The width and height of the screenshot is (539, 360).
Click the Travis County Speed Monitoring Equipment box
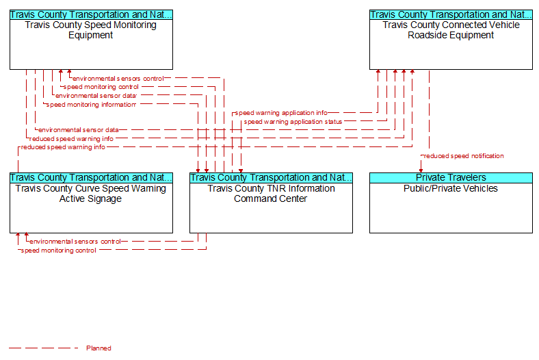(91, 40)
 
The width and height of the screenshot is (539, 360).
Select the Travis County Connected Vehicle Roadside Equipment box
(451, 40)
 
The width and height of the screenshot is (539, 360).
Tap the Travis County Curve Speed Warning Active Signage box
(91, 203)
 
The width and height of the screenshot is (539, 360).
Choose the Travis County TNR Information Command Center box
(272, 203)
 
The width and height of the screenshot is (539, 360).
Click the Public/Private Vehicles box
(451, 203)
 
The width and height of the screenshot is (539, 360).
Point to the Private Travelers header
(451, 178)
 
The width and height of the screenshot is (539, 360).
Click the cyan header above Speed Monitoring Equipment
(91, 15)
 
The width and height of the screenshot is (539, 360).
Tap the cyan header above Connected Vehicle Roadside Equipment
(451, 15)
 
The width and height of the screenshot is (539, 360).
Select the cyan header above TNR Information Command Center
(272, 178)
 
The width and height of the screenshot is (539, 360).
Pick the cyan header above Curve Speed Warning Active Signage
(91, 178)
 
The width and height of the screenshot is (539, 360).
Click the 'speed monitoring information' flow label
(91, 105)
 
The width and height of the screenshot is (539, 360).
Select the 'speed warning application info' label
(281, 113)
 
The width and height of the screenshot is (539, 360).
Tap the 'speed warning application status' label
(293, 122)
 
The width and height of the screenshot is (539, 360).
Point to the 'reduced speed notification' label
(464, 156)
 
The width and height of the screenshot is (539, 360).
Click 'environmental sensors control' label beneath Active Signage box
(75, 242)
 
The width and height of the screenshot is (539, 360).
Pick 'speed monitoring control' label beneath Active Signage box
(58, 250)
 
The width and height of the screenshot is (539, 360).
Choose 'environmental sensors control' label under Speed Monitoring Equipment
(118, 79)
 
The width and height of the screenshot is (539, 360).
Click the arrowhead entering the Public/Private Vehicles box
(421, 170)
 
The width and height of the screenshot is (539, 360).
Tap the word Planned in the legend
(98, 348)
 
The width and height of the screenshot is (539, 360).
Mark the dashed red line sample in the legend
(44, 348)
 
